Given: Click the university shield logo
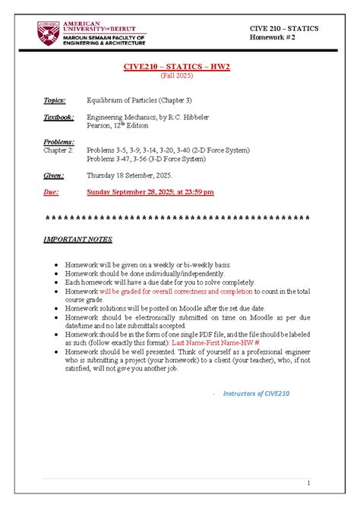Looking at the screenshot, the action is pyautogui.click(x=46, y=33).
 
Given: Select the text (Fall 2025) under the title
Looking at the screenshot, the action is pyautogui.click(x=176, y=76).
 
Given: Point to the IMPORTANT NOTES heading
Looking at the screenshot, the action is pyautogui.click(x=78, y=239).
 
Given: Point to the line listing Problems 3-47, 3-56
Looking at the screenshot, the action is pyautogui.click(x=146, y=159).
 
